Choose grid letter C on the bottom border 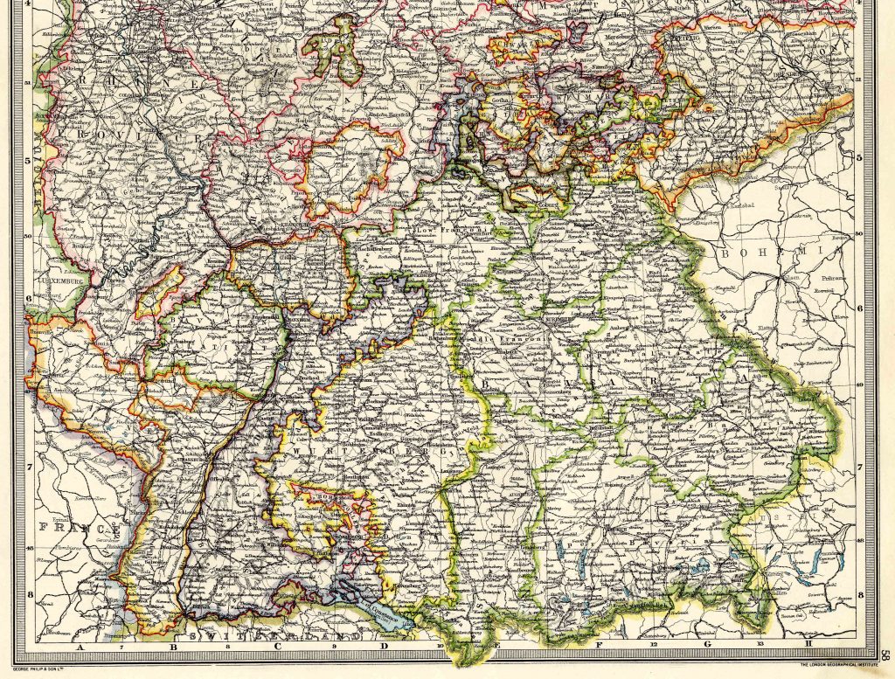tap(278, 648)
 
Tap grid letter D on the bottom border tap(384, 648)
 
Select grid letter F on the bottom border tap(599, 648)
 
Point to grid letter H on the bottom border tap(808, 648)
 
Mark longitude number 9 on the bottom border tap(333, 648)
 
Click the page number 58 tap(885, 653)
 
